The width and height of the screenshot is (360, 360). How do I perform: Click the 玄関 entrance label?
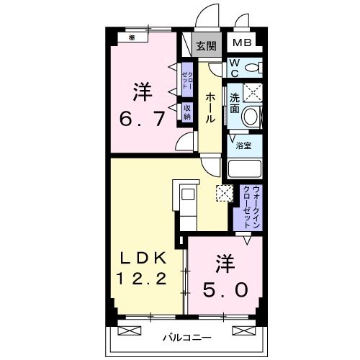(x=206, y=46)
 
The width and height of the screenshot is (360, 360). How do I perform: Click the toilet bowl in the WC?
(x=251, y=68)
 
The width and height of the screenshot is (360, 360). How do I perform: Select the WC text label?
(x=235, y=68)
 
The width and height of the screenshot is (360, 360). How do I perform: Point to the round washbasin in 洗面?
(x=250, y=116)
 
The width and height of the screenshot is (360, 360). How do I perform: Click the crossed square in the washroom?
(x=251, y=92)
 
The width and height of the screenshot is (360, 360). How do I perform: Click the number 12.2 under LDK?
(x=141, y=277)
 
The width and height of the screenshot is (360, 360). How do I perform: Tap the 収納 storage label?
(x=186, y=112)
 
